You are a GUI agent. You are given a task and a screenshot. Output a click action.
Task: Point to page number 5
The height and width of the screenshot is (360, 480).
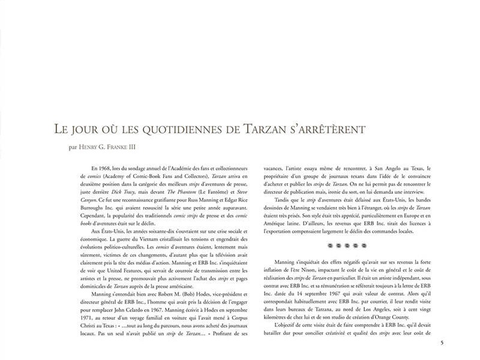pyautogui.click(x=442, y=343)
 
